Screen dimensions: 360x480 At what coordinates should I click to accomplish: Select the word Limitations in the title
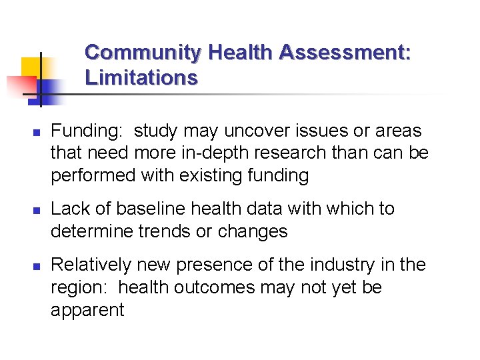141,78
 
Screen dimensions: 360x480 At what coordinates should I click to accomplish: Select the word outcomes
214,287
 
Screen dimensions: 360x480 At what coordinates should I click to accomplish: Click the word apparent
87,310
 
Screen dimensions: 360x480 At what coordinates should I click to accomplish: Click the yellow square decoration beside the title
31,67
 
